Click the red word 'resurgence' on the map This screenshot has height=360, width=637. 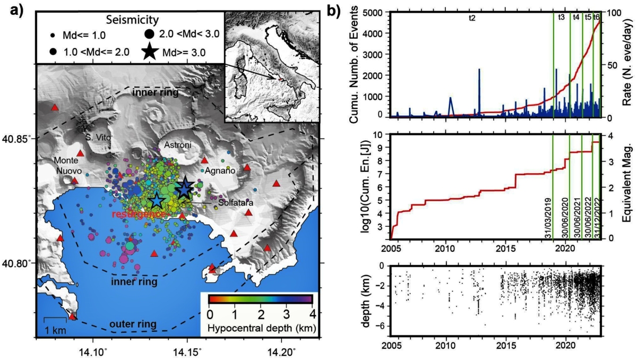coord(140,214)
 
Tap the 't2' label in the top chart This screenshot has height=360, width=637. coord(472,18)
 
